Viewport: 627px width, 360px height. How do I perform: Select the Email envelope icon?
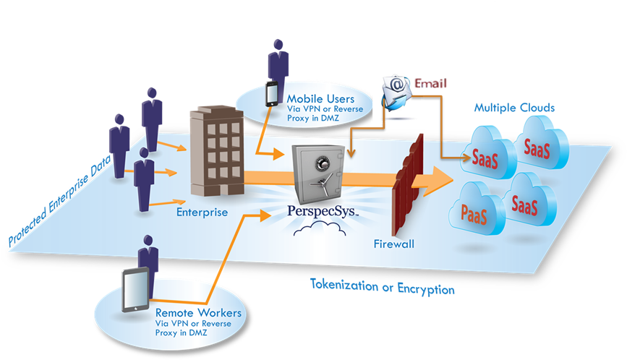click(396, 94)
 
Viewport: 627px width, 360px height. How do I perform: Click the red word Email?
click(431, 83)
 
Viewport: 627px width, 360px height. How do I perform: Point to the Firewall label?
click(394, 244)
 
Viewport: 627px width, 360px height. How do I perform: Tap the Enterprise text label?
click(202, 213)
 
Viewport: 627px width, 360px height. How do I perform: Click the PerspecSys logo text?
click(323, 213)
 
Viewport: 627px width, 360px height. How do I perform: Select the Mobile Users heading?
click(320, 98)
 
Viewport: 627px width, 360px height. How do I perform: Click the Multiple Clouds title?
click(514, 108)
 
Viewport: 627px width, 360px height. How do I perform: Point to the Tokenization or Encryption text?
click(382, 287)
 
